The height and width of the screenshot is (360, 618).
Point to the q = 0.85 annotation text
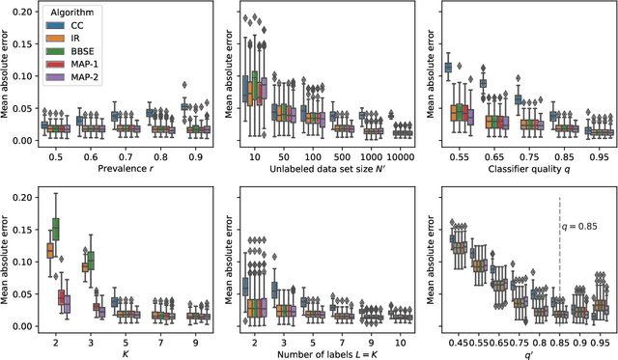click(x=581, y=229)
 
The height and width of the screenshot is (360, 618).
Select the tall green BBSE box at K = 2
click(x=55, y=229)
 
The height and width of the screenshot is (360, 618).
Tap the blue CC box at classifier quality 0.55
click(x=447, y=68)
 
